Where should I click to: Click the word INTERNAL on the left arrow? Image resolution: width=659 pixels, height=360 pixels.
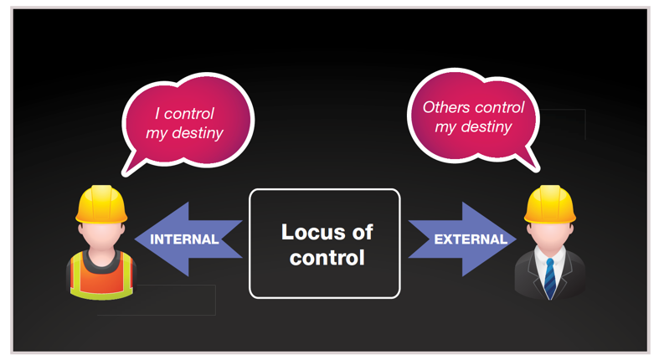coord(184,239)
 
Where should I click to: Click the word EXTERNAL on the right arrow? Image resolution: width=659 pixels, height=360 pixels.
coord(471,239)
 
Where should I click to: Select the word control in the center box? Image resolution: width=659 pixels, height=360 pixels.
coord(327,258)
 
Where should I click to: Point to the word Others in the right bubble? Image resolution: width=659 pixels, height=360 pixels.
coord(446,107)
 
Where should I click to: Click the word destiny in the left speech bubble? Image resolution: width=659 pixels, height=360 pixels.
coord(198,133)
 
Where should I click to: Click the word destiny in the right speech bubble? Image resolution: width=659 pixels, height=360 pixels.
coord(487,127)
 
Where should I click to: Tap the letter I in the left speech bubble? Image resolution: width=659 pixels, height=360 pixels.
coord(157,113)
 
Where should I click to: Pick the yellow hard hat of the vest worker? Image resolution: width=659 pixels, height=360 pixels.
coord(101,204)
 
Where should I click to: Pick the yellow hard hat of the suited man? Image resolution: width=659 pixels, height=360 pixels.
coord(550,204)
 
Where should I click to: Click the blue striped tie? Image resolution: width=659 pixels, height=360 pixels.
coord(550,278)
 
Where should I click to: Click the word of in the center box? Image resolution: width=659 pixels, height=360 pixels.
coord(363,232)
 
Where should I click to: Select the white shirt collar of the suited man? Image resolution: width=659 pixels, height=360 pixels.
coord(550,255)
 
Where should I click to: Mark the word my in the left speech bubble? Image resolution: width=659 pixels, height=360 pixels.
coord(157,134)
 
